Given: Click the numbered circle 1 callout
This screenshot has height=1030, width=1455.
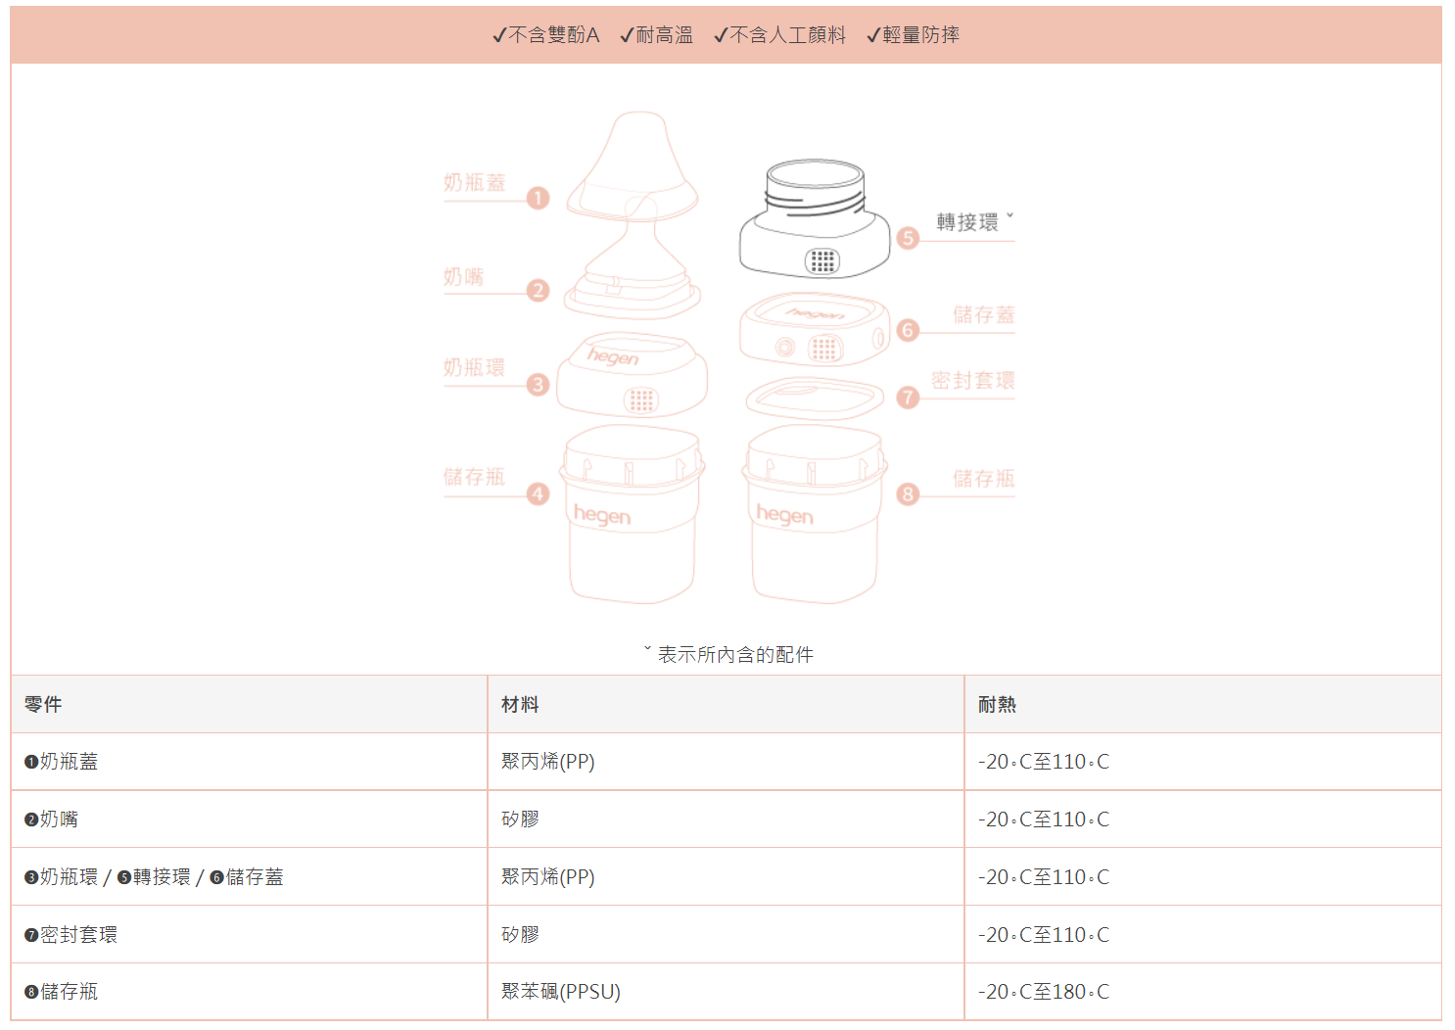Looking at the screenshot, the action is [x=538, y=198].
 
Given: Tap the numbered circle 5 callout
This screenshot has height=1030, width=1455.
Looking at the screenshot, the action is [x=908, y=238].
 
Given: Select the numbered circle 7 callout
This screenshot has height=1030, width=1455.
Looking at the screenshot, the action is [x=908, y=397].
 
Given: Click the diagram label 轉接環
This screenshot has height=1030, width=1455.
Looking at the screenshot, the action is [x=967, y=222].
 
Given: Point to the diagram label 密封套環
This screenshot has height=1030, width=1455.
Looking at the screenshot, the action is [x=972, y=381].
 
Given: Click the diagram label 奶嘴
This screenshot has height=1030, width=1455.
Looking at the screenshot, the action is [x=463, y=277].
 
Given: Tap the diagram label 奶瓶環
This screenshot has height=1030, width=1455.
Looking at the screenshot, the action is [x=474, y=367].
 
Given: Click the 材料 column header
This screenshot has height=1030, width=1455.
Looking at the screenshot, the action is [x=520, y=704].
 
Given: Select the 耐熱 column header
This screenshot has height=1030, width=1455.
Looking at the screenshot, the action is [x=997, y=704].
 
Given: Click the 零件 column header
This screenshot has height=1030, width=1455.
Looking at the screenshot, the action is [x=43, y=704].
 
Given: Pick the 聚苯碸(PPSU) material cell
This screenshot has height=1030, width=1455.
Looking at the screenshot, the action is [x=561, y=992].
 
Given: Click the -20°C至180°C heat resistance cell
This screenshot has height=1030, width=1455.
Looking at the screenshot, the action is [x=1044, y=992].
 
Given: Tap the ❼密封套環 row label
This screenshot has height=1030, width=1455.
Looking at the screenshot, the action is [x=70, y=935].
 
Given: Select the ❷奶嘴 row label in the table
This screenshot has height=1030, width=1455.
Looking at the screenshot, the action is [x=51, y=819].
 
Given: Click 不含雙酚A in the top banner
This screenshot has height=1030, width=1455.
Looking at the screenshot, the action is [x=546, y=35].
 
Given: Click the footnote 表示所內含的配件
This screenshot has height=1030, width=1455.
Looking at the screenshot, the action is [x=734, y=654].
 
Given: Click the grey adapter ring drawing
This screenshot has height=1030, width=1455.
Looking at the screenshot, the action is [x=815, y=220].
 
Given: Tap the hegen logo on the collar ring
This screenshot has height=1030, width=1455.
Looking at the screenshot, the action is [x=613, y=355].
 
